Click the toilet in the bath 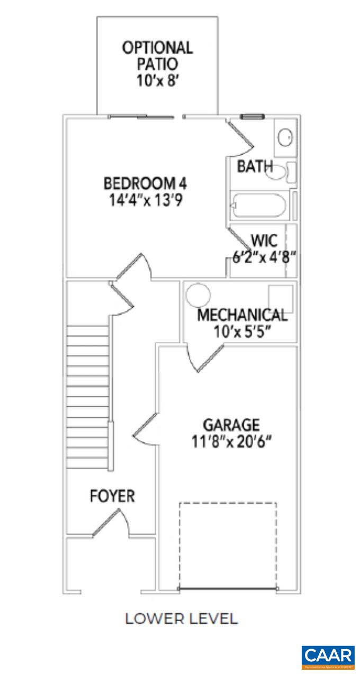[x=281, y=172]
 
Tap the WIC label [x=264, y=241]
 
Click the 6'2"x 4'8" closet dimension [x=264, y=258]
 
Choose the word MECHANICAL [x=242, y=315]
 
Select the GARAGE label [x=231, y=425]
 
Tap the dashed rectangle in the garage [x=228, y=545]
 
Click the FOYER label [x=112, y=496]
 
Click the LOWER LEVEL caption [x=181, y=618]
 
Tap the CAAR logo [x=328, y=657]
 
